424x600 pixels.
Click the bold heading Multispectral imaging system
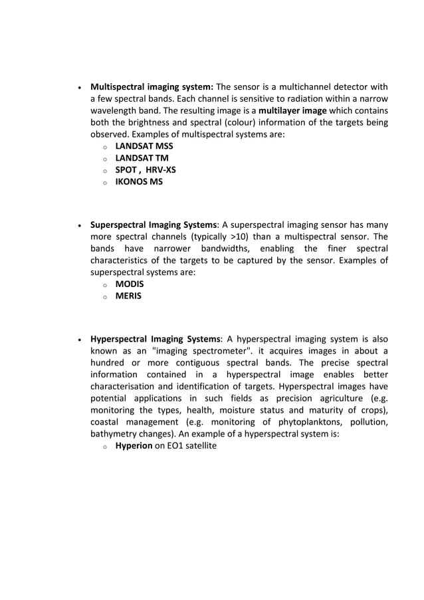click(x=152, y=86)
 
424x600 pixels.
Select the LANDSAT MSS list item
click(x=144, y=146)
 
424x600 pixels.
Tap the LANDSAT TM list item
click(x=142, y=157)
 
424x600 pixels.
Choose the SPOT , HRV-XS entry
click(x=146, y=169)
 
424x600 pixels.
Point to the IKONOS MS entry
click(x=138, y=181)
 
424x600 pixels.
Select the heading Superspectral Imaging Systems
click(x=154, y=225)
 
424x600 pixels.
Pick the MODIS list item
click(x=129, y=284)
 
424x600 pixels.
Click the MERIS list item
click(x=128, y=296)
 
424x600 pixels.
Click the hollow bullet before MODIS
click(x=104, y=284)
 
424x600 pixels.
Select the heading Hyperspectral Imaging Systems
click(x=156, y=339)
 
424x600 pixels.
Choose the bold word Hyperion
click(x=134, y=446)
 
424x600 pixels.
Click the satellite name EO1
click(x=176, y=446)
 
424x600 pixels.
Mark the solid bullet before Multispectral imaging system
click(x=79, y=87)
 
